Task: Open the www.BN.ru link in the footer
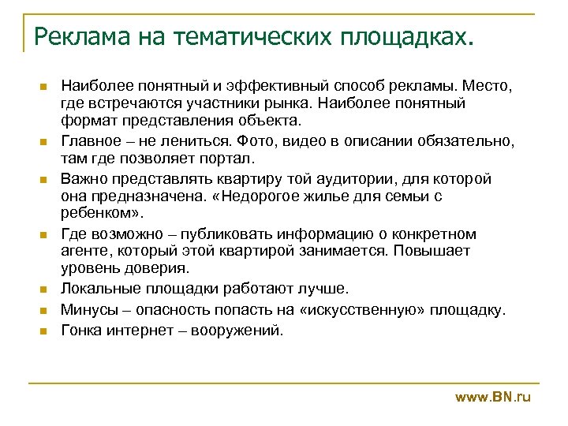[493, 398]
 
